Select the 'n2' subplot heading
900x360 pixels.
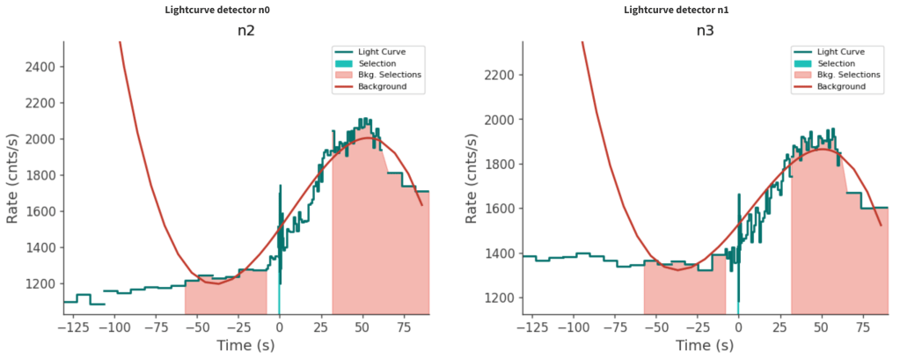click(x=247, y=31)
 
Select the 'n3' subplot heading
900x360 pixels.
click(x=706, y=31)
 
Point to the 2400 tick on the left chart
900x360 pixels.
click(x=41, y=67)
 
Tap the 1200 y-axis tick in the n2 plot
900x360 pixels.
click(x=41, y=284)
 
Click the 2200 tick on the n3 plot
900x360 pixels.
click(x=501, y=75)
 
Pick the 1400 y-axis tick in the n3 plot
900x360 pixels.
click(x=501, y=253)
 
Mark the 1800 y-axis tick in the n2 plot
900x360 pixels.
click(x=41, y=176)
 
